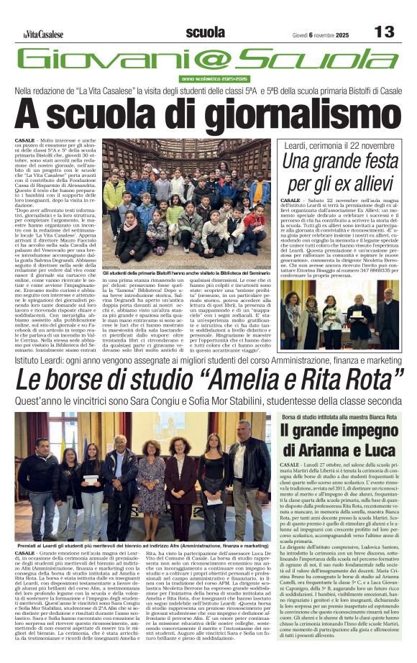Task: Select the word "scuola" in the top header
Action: pos(205,32)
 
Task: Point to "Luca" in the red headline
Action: pos(388,452)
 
